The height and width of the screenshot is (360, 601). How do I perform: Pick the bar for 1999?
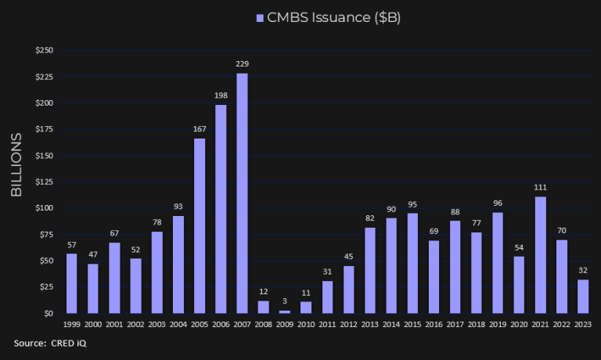point(72,283)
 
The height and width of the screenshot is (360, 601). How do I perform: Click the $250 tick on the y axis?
point(45,51)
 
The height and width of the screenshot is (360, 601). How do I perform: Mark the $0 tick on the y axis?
point(49,313)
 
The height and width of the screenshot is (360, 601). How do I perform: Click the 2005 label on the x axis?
point(200,324)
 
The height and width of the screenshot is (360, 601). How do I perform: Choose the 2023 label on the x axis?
point(583,324)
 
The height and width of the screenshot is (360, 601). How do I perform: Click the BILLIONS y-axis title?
point(16,165)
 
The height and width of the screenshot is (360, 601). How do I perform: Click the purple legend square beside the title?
point(260,17)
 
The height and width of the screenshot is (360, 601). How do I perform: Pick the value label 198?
point(221,96)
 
